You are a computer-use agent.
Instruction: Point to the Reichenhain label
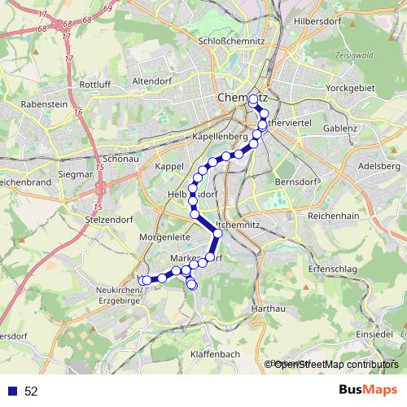334,217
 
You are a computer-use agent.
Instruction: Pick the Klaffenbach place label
215,354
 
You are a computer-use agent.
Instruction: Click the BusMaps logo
369,390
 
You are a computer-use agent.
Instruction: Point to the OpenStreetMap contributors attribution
331,365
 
